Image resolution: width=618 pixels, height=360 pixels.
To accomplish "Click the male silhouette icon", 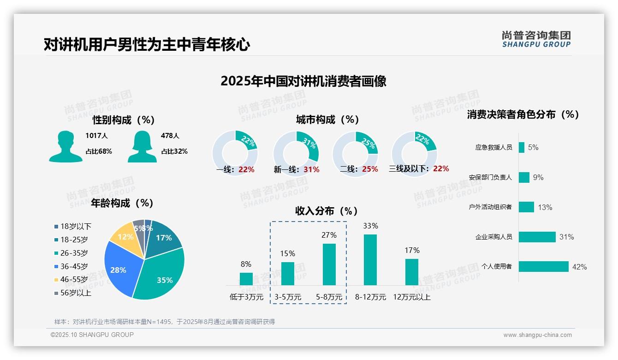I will coord(65,146).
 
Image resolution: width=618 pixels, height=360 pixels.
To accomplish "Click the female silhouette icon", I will coord(142,146).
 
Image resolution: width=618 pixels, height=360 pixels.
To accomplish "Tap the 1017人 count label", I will coord(96,136).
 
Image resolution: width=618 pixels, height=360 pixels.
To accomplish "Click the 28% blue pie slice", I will coord(119,268).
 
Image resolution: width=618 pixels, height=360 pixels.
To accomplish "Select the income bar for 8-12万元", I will coord(370,260).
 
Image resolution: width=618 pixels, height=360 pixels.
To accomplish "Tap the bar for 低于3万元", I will coord(246,279).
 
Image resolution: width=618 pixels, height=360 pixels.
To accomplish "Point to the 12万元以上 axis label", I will coord(412,297).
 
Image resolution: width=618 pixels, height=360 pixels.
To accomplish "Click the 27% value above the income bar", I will coord(329,235).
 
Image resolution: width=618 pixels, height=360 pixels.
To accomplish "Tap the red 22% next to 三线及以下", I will coord(441,169).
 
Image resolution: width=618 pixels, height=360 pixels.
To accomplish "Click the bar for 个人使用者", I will coord(543,267).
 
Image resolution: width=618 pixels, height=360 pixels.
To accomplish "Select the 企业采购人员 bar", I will coord(537,237).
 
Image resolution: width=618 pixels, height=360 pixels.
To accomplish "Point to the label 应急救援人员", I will coord(493,148).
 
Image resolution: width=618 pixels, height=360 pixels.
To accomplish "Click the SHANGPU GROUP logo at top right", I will coord(536,39).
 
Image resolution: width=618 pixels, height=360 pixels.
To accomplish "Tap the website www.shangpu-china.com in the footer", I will coord(537,335).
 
